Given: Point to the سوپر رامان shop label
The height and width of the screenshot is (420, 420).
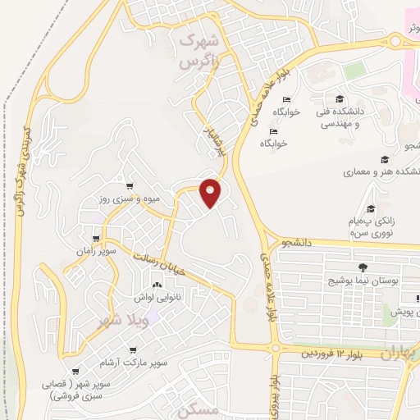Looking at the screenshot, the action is [98, 249].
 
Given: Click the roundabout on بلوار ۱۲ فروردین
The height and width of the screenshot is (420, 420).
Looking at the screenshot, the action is [274, 349].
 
